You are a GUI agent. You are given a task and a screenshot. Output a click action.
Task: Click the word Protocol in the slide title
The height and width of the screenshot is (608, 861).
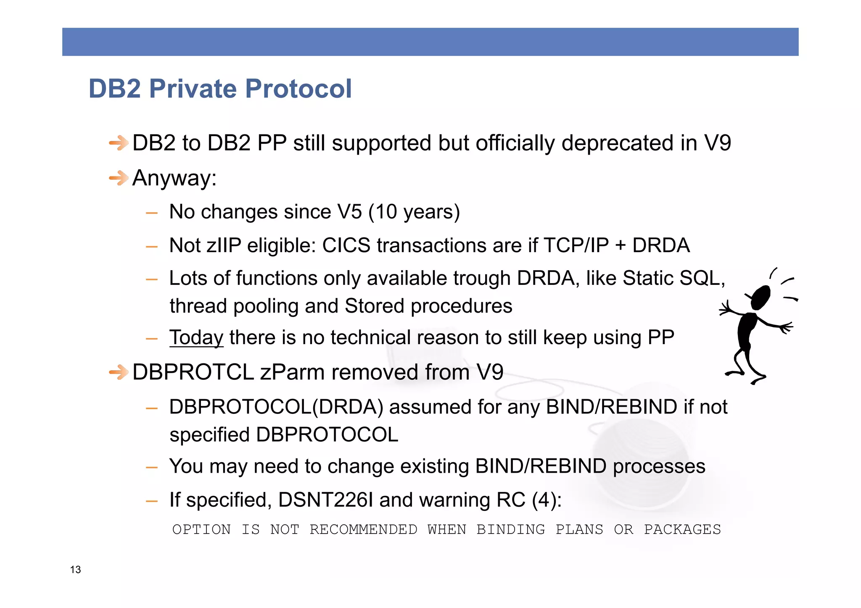coord(298,89)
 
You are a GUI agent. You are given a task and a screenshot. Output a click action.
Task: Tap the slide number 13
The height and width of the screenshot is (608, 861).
coord(75,569)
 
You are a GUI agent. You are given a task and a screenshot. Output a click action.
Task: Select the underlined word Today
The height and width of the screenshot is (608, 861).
coord(196,337)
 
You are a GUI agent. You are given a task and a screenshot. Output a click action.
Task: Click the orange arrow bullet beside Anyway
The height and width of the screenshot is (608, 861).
coord(119,178)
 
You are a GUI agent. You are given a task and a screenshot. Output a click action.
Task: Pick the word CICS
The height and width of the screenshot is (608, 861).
coord(346,245)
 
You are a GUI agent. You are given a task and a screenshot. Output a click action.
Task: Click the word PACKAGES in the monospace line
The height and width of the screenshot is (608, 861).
coord(682,529)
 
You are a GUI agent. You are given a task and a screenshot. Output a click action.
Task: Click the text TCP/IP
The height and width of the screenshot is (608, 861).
coord(576,245)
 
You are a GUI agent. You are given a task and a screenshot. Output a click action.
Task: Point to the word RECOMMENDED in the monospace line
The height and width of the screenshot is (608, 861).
coord(363,529)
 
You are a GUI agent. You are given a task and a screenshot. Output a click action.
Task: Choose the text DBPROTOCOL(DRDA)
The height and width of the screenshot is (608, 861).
coord(276,407)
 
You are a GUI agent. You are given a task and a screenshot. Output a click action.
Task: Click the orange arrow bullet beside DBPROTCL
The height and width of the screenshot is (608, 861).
coord(119,372)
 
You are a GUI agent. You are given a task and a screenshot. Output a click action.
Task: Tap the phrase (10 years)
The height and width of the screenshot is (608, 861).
coord(414,212)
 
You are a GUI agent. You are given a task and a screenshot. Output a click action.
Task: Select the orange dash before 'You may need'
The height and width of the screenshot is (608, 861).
coord(151,467)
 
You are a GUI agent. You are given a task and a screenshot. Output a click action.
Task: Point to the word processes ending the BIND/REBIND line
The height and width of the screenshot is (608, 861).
coord(659,466)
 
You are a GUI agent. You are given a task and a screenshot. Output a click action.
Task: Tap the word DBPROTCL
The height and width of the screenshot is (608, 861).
coord(193,372)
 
